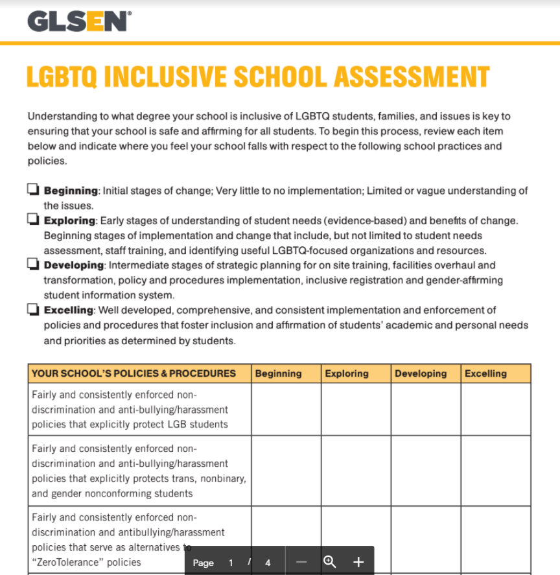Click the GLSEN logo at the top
click(78, 21)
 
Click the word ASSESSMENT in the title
click(412, 76)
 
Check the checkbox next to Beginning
click(33, 190)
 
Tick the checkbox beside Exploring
click(33, 220)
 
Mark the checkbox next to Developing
click(33, 264)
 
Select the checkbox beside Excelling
click(33, 309)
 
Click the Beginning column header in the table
click(278, 373)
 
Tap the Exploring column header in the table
click(347, 373)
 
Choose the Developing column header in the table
click(421, 373)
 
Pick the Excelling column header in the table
click(485, 373)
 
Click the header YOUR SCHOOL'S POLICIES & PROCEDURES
click(134, 373)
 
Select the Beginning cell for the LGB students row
click(286, 409)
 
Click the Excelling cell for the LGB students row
click(496, 409)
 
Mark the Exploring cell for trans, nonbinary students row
click(356, 471)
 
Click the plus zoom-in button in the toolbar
click(358, 562)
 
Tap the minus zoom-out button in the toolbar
click(301, 562)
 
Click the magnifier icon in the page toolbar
click(329, 561)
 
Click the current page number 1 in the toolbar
click(231, 563)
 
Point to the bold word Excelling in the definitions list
click(69, 310)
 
